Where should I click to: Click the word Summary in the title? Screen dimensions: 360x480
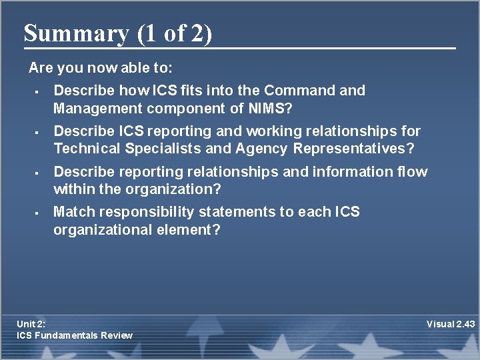click(x=75, y=33)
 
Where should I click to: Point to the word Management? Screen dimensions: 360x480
click(x=98, y=107)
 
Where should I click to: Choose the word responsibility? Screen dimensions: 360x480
click(x=139, y=213)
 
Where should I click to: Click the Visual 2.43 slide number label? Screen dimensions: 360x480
click(x=451, y=324)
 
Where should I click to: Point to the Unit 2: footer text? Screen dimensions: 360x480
click(x=31, y=324)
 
